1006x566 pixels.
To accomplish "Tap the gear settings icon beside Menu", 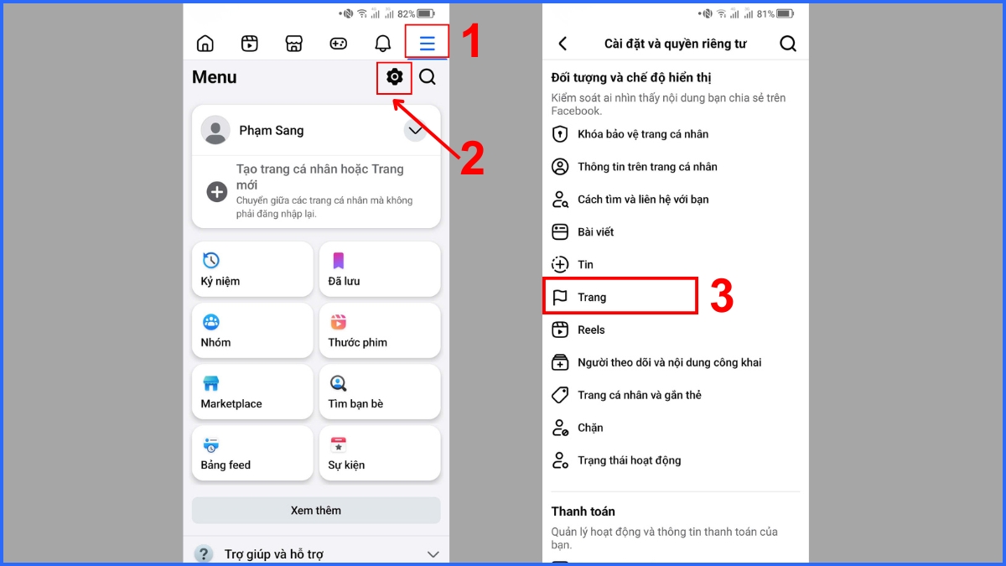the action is tap(394, 77).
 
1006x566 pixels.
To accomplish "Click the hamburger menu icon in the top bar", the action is tap(427, 44).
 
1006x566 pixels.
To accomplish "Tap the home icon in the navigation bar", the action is tap(205, 43).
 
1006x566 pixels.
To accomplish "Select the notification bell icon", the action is tap(382, 43).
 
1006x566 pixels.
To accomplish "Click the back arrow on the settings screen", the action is tap(563, 44).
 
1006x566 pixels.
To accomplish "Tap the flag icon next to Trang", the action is tap(560, 298).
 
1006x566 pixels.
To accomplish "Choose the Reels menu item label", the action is tap(591, 330).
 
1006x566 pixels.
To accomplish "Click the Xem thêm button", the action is tap(316, 511).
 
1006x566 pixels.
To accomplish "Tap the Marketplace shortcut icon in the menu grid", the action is tap(210, 383).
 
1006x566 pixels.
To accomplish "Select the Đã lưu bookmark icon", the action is tap(338, 261).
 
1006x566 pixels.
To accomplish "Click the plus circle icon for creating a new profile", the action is tap(217, 192).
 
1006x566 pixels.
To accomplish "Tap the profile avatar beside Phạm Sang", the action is tap(215, 130).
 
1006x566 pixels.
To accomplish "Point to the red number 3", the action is tap(722, 296).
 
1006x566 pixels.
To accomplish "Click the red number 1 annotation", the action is tap(471, 41).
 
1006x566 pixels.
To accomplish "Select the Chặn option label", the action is tap(590, 428).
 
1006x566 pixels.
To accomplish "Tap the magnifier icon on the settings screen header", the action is tap(788, 44).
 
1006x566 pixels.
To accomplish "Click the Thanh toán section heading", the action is tap(583, 511).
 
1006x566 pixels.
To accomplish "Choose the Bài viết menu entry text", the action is tap(595, 231).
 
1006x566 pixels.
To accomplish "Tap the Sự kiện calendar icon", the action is tap(338, 444).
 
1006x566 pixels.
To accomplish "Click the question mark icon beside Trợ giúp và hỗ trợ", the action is tap(204, 554).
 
